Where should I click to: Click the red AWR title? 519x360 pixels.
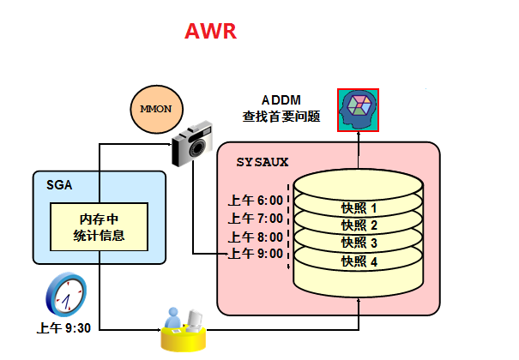pos(210,33)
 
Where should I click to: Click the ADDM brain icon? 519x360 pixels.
pos(359,110)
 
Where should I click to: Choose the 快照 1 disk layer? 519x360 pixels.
pos(359,207)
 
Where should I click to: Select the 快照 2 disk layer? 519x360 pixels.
pos(359,225)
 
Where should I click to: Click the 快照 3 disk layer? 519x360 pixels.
pos(359,243)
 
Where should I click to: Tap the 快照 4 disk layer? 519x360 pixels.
pos(359,261)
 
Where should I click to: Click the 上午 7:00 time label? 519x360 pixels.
pos(255,219)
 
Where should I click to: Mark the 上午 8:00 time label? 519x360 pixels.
pos(255,237)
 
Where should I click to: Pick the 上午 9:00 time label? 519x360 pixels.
pos(255,254)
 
